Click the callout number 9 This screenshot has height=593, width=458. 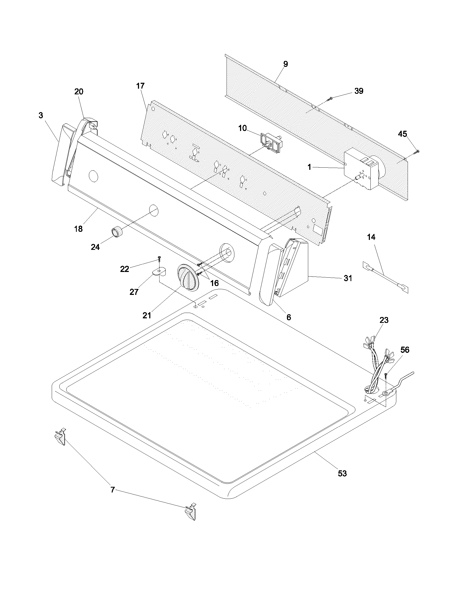point(285,64)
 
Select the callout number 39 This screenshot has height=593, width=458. point(359,91)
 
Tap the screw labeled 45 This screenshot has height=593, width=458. point(417,152)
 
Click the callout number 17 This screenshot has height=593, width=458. point(140,86)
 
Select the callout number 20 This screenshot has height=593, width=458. point(79,92)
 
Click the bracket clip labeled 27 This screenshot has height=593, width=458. point(159,271)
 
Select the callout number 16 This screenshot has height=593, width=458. point(214,283)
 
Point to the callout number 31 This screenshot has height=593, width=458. point(348,278)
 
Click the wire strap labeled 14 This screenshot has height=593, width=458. point(386,277)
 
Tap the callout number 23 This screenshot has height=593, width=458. point(384,320)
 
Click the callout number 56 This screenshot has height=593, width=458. point(405,350)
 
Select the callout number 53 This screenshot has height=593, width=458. point(342,474)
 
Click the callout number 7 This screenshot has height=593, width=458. point(113,489)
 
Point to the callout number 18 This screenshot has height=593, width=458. point(78,229)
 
